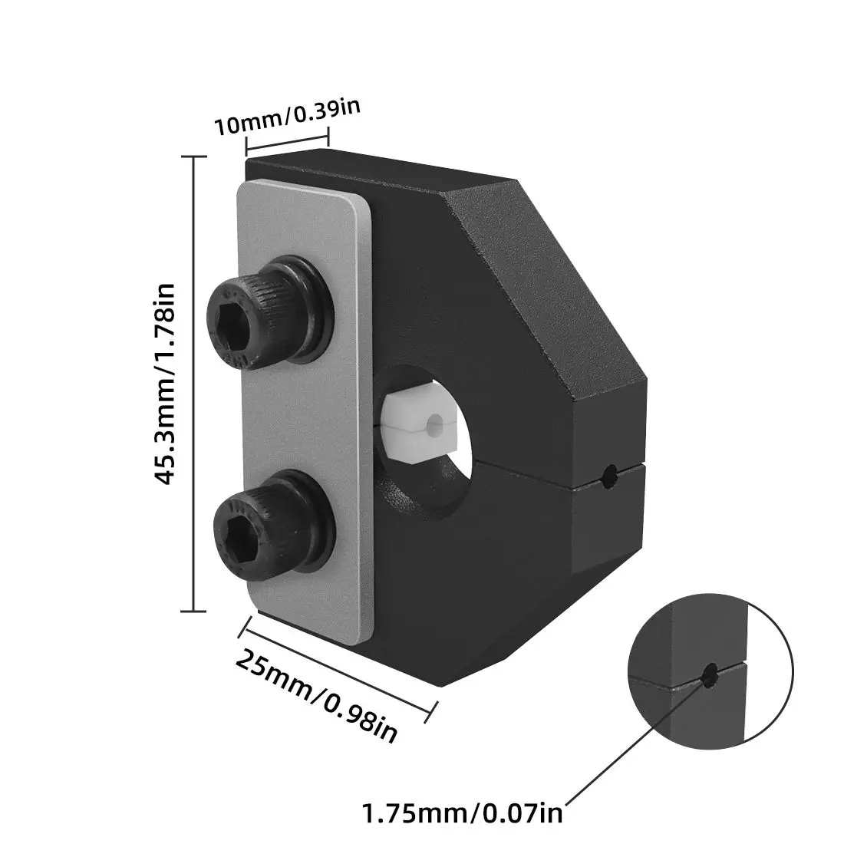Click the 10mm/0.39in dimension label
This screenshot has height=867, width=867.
(287, 117)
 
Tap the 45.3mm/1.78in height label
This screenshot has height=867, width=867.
(165, 384)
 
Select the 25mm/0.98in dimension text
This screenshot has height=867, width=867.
(317, 697)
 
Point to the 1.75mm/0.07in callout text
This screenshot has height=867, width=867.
(462, 813)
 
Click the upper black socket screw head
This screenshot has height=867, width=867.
(269, 312)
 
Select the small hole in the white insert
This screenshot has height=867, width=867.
(435, 424)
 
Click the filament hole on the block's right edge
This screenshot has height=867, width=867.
(609, 476)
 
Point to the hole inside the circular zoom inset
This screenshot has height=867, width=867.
(710, 675)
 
